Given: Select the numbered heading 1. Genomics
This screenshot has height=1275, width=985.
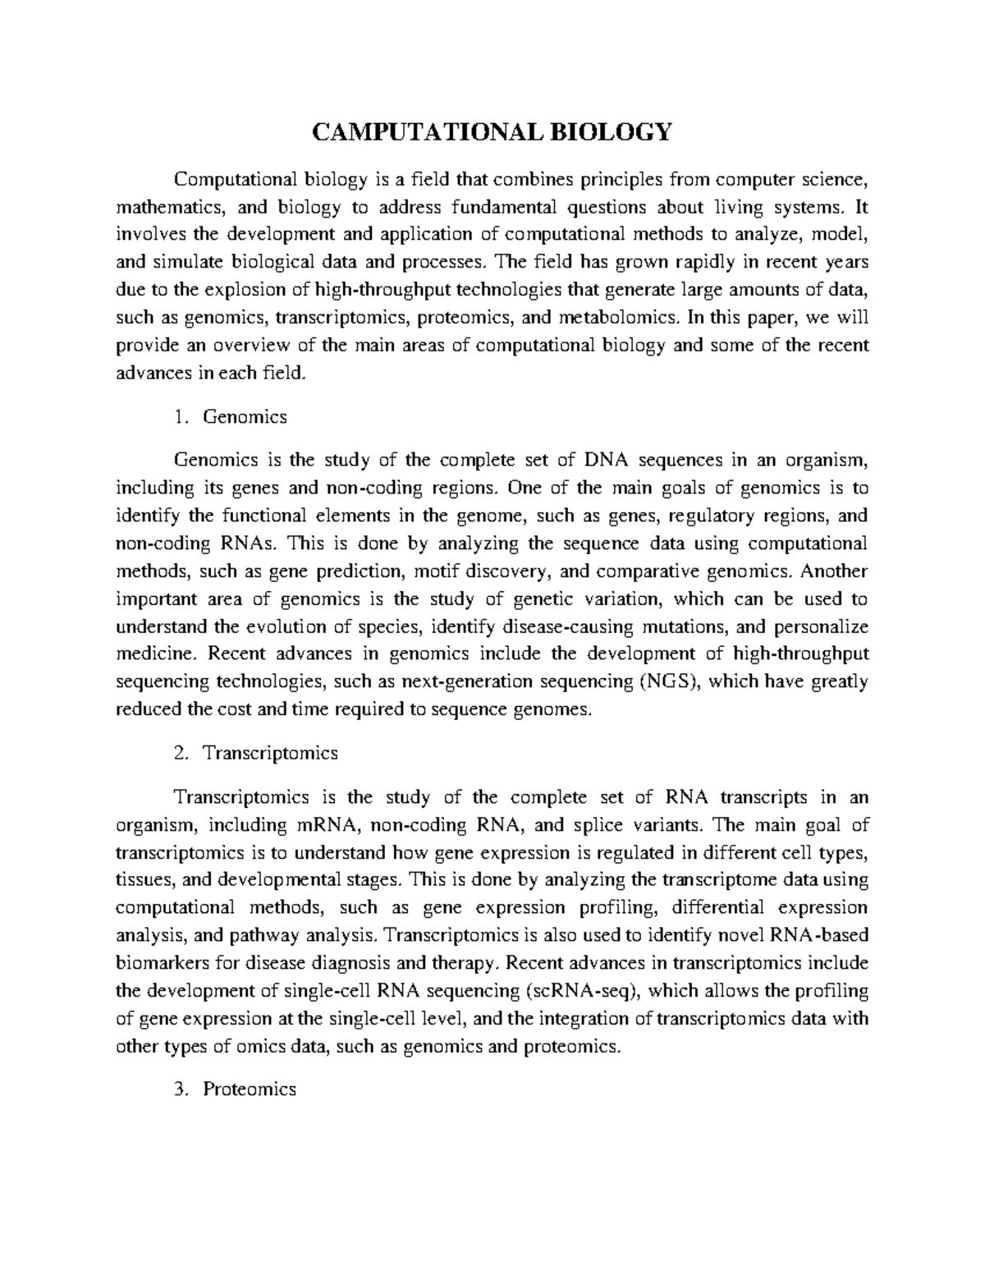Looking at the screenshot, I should pos(231,417).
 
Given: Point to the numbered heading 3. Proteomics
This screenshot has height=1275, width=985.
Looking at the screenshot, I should pos(236,1089).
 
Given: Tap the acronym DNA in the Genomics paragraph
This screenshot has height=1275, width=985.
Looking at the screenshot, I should pos(607,460).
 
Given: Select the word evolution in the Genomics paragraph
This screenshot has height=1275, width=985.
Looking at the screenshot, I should pos(283,627).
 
